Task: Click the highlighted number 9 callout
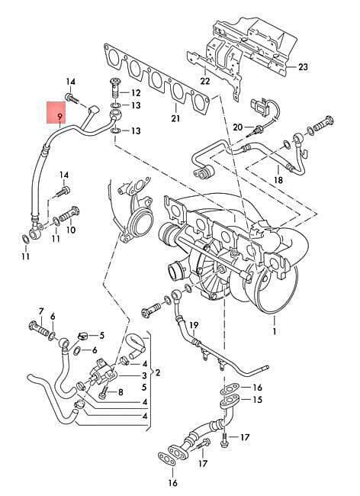[59, 118]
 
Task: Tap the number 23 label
[303, 67]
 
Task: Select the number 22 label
[205, 81]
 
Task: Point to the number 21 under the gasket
[175, 118]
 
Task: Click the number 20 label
[238, 127]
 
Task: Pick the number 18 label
[278, 180]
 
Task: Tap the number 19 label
[194, 325]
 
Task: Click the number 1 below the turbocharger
[275, 331]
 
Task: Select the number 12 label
[136, 93]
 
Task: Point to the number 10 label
[71, 230]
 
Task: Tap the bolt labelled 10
[69, 214]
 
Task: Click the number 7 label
[40, 311]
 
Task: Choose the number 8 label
[121, 392]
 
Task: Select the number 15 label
[258, 400]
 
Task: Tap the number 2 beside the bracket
[158, 372]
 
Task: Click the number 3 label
[144, 375]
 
